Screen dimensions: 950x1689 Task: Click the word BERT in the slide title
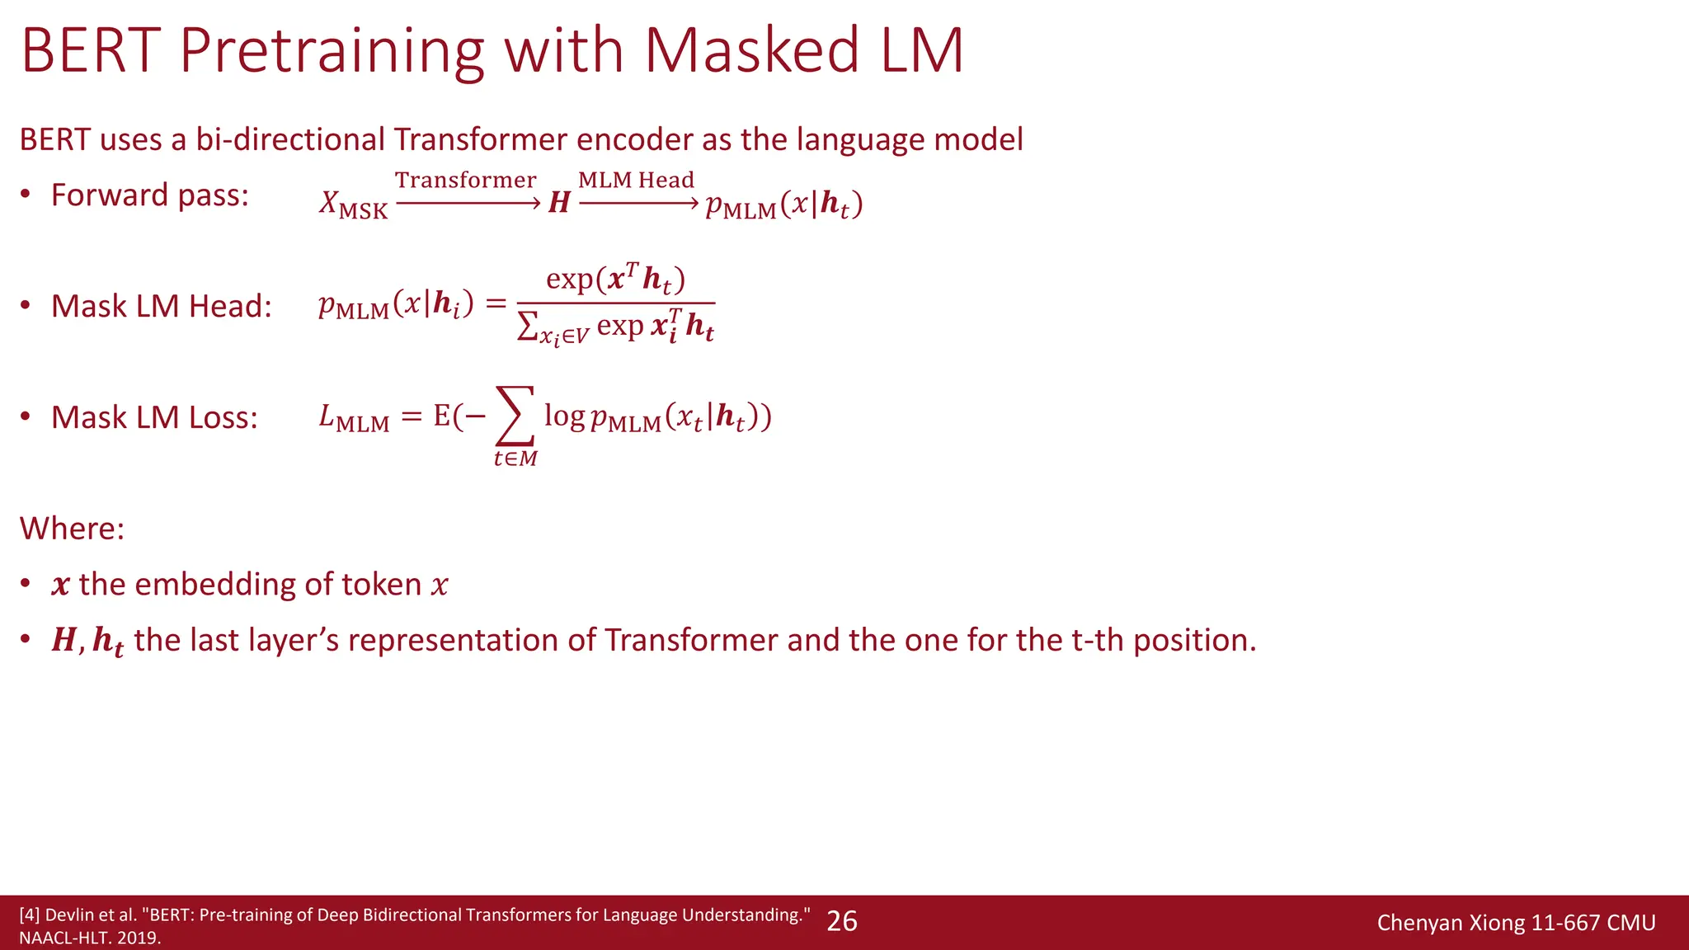tap(90, 51)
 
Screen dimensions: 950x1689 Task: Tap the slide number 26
tap(841, 921)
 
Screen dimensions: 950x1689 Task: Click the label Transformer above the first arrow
tap(465, 180)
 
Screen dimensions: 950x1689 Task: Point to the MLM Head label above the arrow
tap(636, 180)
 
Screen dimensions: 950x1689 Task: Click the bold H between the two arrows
tap(559, 203)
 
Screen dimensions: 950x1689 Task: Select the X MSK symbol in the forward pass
tap(353, 205)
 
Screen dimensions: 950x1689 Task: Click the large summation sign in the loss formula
tap(515, 416)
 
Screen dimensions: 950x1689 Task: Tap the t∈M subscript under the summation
tap(515, 459)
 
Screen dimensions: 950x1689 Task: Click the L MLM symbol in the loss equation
tap(354, 418)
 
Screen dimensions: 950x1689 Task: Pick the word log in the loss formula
tap(564, 416)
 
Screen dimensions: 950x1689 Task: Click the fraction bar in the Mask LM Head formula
tap(615, 303)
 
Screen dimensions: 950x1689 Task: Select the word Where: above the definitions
tap(72, 528)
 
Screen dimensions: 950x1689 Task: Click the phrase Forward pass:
tap(149, 195)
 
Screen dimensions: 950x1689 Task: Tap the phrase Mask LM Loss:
tap(154, 417)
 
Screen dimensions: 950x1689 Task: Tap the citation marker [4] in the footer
tap(29, 915)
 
